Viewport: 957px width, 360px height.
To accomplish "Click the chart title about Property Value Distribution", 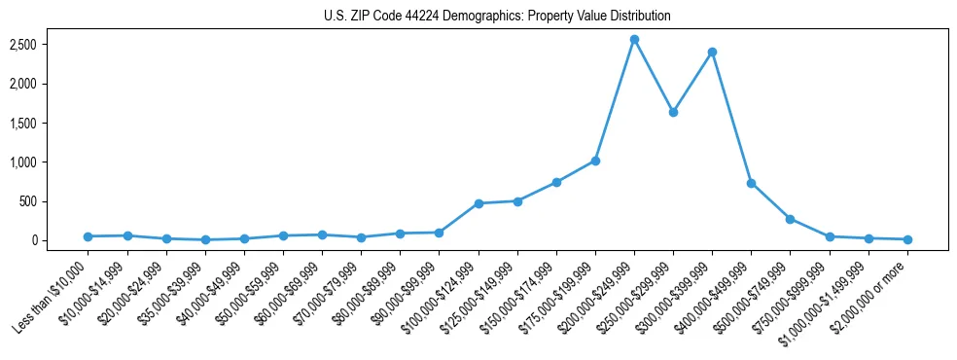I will pos(497,16).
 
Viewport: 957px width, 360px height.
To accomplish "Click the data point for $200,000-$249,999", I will pos(634,40).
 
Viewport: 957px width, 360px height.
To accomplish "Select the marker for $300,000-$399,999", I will pos(712,52).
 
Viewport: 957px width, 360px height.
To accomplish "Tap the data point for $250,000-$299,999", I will pos(673,112).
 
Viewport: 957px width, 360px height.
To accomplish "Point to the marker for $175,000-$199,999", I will pos(595,161).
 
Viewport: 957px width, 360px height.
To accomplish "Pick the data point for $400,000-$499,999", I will pos(751,183).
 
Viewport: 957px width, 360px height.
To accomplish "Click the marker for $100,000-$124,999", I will pos(478,203).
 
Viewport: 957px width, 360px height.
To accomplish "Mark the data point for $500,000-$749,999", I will pos(790,219).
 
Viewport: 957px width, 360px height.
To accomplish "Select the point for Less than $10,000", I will pos(89,236).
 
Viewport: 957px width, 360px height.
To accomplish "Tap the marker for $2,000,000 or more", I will pos(906,239).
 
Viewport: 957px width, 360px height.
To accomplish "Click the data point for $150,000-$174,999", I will pos(556,182).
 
